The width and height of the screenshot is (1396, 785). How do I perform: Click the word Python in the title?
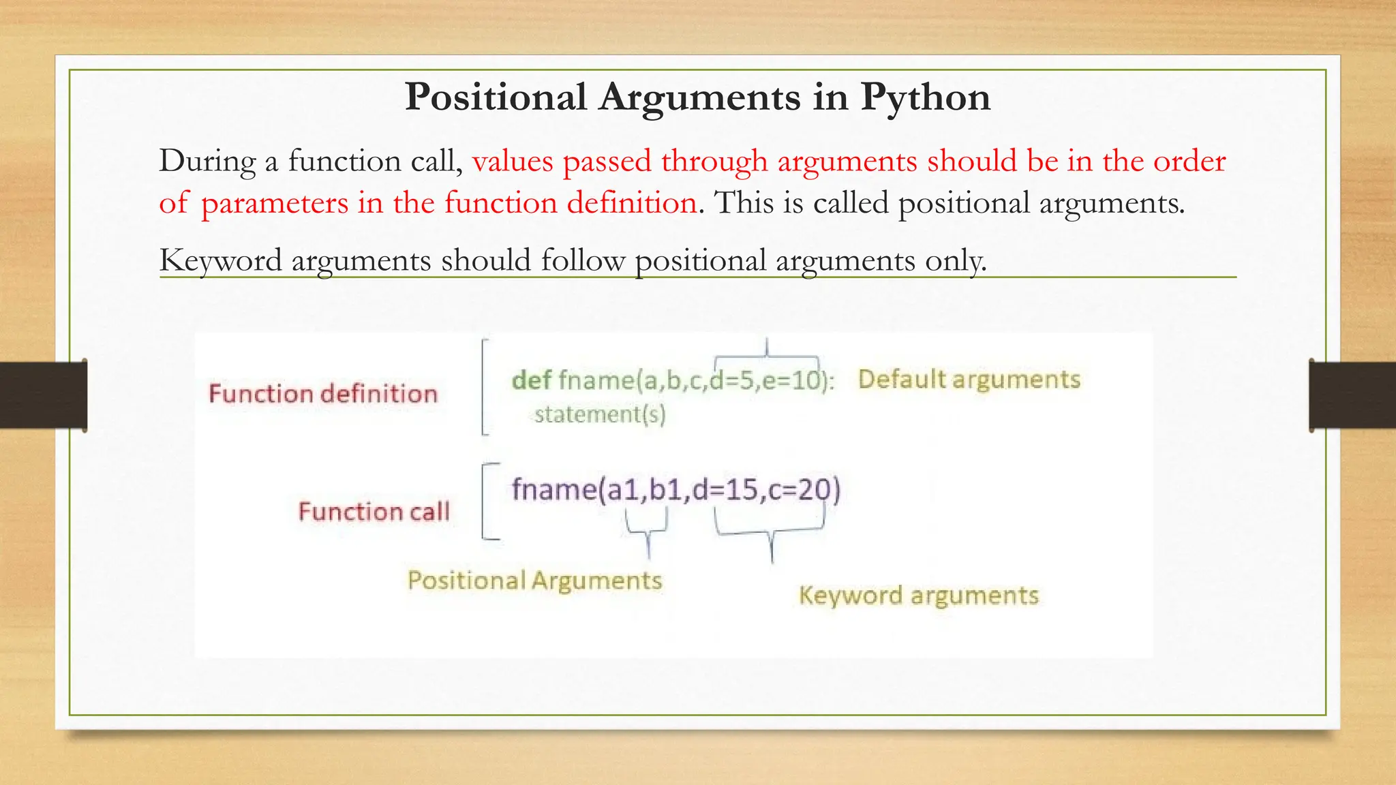pyautogui.click(x=925, y=97)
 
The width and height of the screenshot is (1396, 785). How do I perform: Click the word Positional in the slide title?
pyautogui.click(x=496, y=97)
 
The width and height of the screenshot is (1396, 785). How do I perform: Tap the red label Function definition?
pyautogui.click(x=322, y=394)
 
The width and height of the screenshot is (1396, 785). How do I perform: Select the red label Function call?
pyautogui.click(x=374, y=512)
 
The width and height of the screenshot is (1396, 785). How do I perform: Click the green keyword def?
pyautogui.click(x=531, y=380)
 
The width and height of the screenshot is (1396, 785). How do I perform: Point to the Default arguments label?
pyautogui.click(x=969, y=380)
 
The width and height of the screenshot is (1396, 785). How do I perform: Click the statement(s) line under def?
pyautogui.click(x=599, y=414)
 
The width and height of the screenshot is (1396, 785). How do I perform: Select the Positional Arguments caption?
pyautogui.click(x=534, y=581)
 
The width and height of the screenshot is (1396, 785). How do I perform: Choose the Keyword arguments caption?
pyautogui.click(x=918, y=596)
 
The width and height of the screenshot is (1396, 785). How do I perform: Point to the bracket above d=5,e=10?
pyautogui.click(x=767, y=354)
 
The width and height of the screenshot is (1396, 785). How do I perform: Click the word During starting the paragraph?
pyautogui.click(x=207, y=162)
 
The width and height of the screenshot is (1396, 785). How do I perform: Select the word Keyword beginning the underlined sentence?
pyautogui.click(x=220, y=261)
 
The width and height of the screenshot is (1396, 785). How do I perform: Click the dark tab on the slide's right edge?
pyautogui.click(x=1352, y=395)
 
